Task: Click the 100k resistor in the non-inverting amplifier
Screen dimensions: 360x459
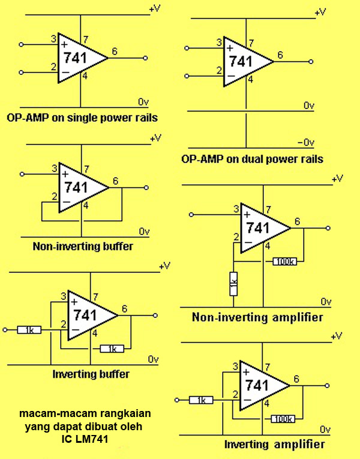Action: click(284, 262)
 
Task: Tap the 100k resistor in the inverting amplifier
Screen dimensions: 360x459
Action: click(283, 419)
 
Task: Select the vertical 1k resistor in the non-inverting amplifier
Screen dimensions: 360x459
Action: click(233, 284)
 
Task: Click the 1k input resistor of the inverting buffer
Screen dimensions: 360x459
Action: click(29, 330)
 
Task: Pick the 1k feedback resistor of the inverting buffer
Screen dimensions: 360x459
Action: click(112, 349)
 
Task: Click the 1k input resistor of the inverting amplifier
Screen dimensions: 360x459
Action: click(201, 400)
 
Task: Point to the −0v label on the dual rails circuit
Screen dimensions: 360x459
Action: click(305, 143)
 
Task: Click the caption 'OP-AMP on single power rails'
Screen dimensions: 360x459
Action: click(82, 118)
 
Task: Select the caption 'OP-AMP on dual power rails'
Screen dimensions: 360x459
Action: click(252, 159)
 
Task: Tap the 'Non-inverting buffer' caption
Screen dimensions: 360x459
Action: click(83, 246)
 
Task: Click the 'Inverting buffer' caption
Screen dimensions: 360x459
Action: click(91, 374)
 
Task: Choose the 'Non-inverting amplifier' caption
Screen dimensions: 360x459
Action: click(257, 317)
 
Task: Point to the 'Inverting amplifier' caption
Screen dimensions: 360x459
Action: click(275, 444)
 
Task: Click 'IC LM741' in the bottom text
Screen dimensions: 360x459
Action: click(85, 439)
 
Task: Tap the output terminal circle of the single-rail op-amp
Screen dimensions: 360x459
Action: click(145, 58)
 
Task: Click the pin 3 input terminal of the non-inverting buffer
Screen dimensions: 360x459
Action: click(22, 174)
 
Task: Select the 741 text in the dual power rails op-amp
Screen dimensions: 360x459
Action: click(241, 61)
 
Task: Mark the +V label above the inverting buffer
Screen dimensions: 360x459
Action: click(164, 266)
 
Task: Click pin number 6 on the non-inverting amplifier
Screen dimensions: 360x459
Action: click(298, 221)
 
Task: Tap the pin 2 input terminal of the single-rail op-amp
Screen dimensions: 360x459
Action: click(21, 73)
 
